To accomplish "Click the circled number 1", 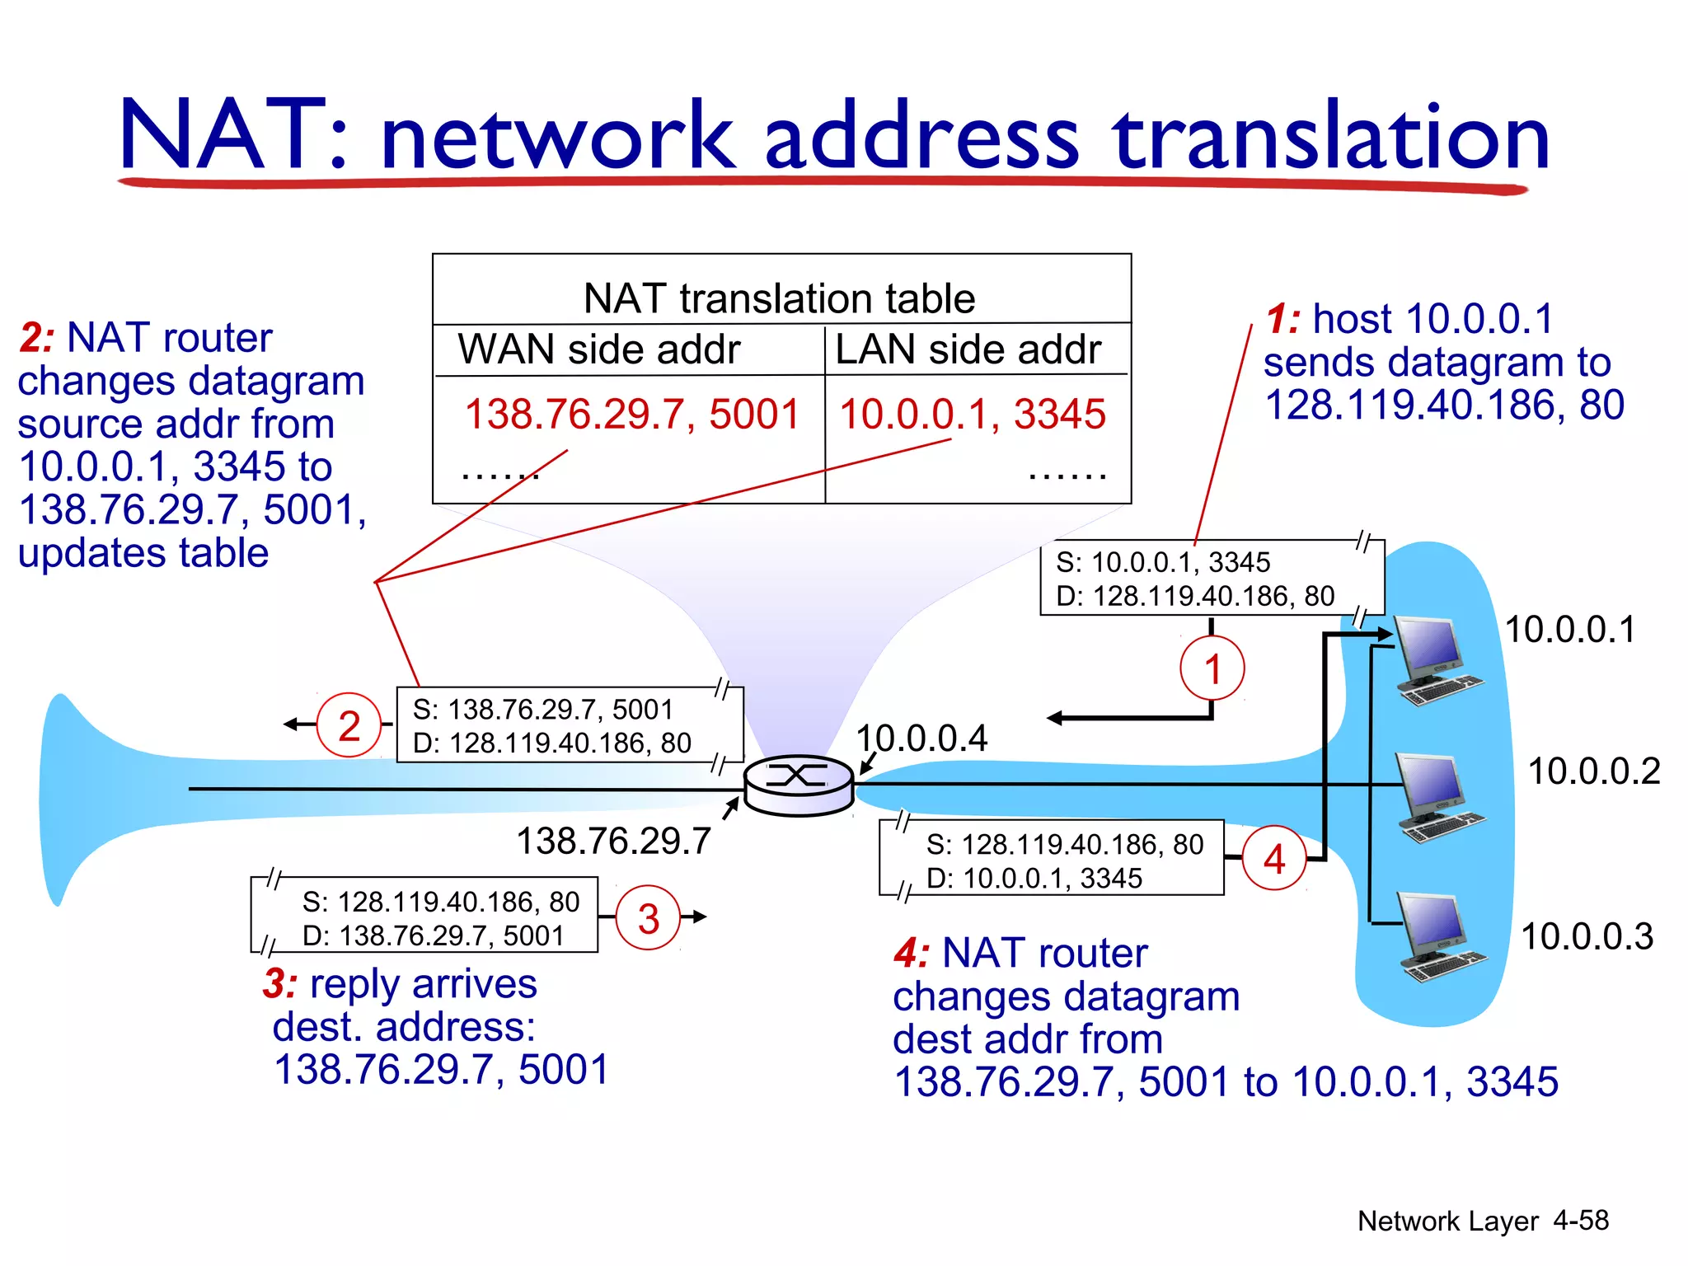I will pyautogui.click(x=1212, y=668).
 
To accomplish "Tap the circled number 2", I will pyautogui.click(x=349, y=725).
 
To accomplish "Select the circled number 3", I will pyautogui.click(x=649, y=917).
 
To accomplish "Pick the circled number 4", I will pyautogui.click(x=1274, y=859).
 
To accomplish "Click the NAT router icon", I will pyautogui.click(x=798, y=785).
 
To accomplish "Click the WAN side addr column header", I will pyautogui.click(x=599, y=349).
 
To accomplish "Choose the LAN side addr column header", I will pyautogui.click(x=968, y=349).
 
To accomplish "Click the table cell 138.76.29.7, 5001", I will pyautogui.click(x=632, y=414).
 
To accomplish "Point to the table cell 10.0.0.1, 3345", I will pyautogui.click(x=972, y=414).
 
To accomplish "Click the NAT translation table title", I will pyautogui.click(x=779, y=298).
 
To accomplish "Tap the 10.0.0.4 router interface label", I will pyautogui.click(x=921, y=738).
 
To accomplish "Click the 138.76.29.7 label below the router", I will pyautogui.click(x=613, y=842).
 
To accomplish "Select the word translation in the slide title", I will pyautogui.click(x=1330, y=137).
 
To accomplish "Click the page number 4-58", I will pyautogui.click(x=1580, y=1220).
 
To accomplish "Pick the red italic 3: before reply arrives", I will pyautogui.click(x=280, y=984).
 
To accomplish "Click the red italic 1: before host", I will pyautogui.click(x=1282, y=320).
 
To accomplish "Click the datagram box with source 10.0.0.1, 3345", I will pyautogui.click(x=1212, y=579).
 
